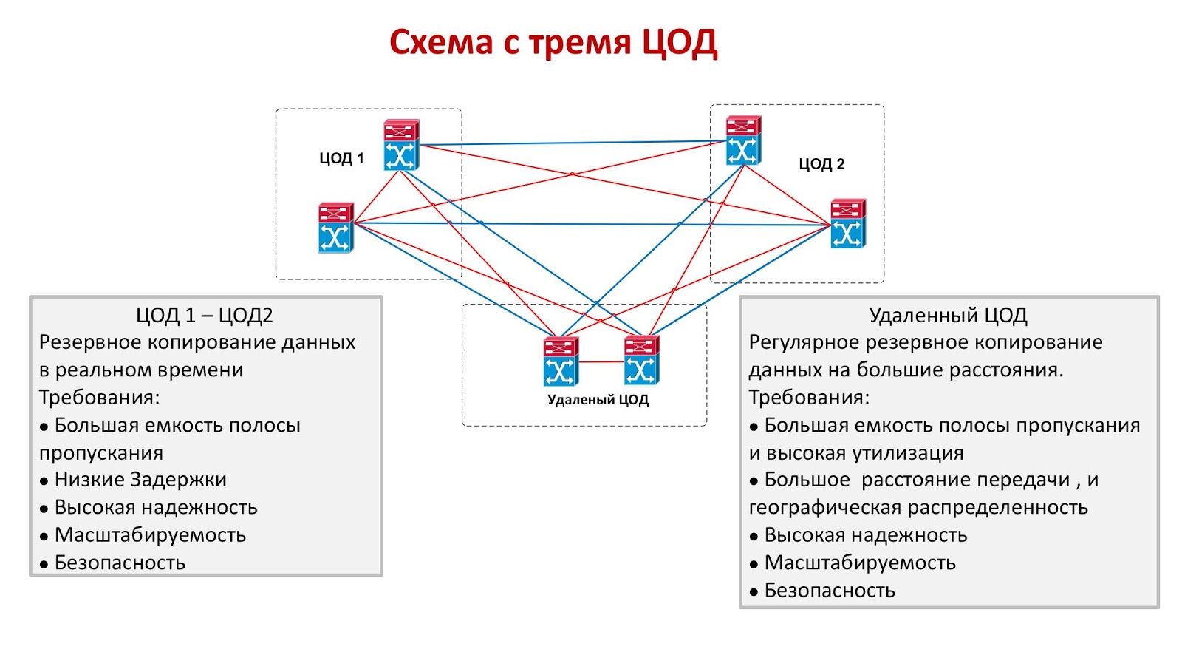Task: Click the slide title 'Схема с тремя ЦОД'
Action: tap(553, 43)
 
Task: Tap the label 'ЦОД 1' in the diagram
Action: tap(341, 158)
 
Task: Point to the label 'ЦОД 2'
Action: tap(821, 164)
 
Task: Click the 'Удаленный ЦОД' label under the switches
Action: tap(598, 400)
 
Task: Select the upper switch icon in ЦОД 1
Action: tap(401, 145)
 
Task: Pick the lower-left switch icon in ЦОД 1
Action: tap(335, 228)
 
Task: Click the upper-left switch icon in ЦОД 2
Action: tap(742, 140)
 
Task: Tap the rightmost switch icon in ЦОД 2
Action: tap(847, 223)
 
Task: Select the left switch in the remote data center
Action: tap(561, 361)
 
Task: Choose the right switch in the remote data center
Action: tap(640, 361)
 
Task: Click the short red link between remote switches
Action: tap(601, 362)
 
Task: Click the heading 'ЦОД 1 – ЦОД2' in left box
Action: tap(204, 316)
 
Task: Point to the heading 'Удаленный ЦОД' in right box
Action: tap(948, 316)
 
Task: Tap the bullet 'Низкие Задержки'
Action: tap(140, 480)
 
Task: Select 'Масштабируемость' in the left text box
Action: tap(150, 535)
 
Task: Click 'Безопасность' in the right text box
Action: tap(829, 591)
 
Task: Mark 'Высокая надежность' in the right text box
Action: tap(865, 535)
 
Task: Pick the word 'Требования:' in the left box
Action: tap(99, 398)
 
